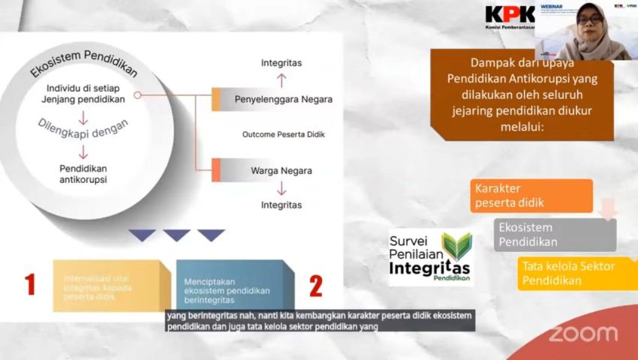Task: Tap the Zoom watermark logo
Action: point(582,334)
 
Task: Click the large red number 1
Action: point(31,284)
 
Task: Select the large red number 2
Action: point(316,285)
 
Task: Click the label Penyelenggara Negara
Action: point(283,99)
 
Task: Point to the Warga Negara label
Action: point(281,170)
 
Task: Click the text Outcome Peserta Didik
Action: point(283,135)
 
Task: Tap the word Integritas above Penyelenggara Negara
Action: point(281,63)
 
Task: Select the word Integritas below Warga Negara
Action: point(281,204)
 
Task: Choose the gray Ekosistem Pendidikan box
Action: point(554,234)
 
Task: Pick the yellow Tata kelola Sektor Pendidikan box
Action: point(574,273)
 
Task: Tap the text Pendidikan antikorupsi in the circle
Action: point(83,175)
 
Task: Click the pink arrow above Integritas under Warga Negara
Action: point(281,188)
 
